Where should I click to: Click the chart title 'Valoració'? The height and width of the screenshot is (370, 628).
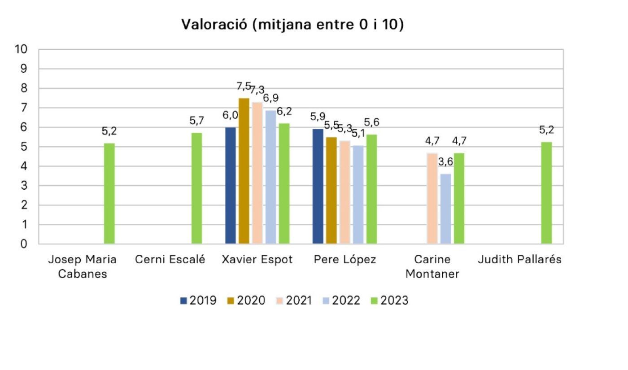[292, 25]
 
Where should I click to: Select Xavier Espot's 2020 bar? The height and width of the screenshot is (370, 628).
[244, 171]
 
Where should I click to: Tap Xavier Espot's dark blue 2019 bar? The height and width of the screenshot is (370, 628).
[231, 186]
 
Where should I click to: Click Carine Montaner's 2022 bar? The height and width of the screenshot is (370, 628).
[446, 209]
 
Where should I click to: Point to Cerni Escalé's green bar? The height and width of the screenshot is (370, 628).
[197, 188]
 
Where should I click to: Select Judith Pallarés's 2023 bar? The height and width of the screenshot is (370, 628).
[546, 193]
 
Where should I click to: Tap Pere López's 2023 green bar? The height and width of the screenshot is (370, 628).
[371, 189]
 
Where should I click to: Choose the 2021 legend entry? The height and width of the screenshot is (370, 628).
[294, 300]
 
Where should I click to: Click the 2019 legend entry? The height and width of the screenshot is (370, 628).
[198, 300]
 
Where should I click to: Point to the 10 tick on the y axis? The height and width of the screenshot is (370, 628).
[21, 49]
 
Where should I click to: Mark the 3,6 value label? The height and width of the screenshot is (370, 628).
[445, 162]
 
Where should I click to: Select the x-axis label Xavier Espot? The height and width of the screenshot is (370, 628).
[257, 260]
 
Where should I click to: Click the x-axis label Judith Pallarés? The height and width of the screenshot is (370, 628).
[519, 260]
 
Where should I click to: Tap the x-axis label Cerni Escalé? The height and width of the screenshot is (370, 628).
[170, 260]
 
